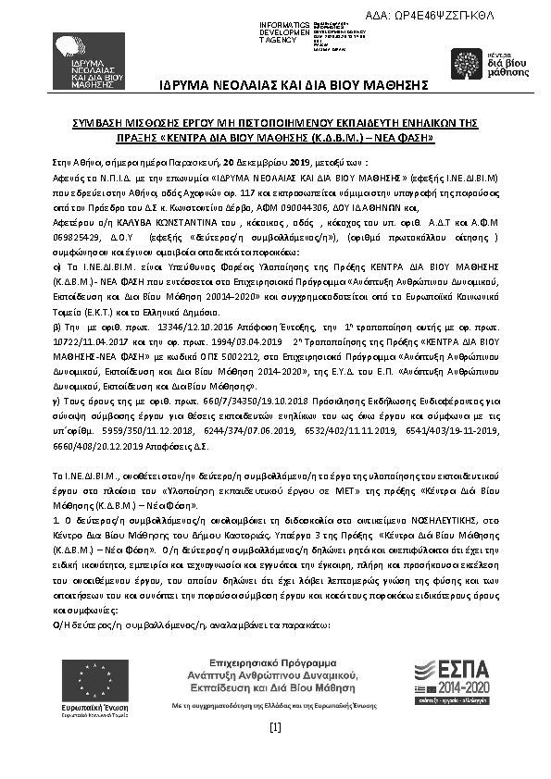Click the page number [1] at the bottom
pyautogui.click(x=275, y=727)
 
